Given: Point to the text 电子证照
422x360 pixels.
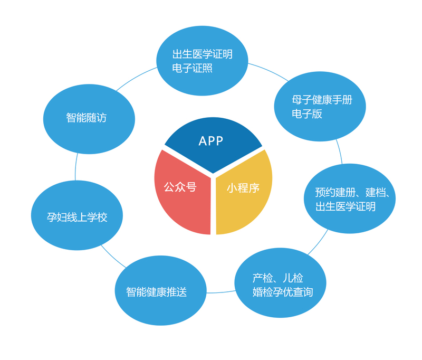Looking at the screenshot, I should point(192,69).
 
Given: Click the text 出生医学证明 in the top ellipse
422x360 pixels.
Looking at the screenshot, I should point(202,54).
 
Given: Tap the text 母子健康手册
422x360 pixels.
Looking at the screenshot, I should point(321,100).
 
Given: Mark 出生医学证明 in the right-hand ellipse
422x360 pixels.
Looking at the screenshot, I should point(346,206).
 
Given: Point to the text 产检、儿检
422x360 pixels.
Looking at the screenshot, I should point(277,278).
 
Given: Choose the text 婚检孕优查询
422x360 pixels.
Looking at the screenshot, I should point(283,292).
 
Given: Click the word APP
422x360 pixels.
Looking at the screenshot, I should point(211,141).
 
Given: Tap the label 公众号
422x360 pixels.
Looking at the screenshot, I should point(180,187).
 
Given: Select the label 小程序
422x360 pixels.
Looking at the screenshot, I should point(243,187).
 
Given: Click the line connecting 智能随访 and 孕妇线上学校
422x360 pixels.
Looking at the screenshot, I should point(75,168).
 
